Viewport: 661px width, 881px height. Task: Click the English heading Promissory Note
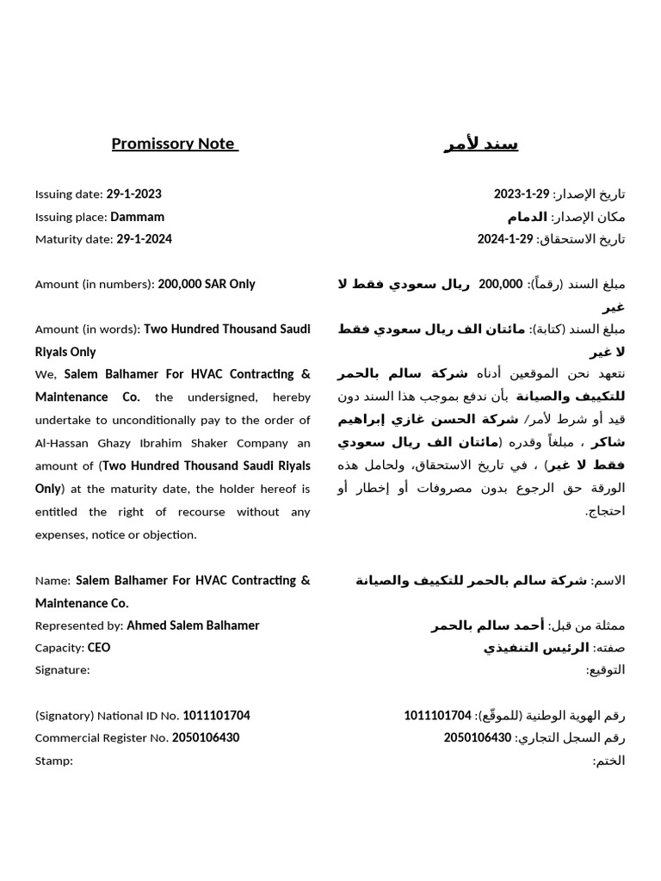[174, 144]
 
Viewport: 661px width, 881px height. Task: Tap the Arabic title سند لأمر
[480, 144]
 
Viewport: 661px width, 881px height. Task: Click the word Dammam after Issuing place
[137, 217]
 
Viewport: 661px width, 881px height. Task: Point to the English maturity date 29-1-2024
[144, 239]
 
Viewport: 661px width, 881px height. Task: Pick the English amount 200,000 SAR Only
[207, 284]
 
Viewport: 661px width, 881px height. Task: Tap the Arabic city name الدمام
[528, 217]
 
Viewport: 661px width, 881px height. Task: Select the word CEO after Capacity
[99, 648]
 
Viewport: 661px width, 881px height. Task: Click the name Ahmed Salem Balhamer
[193, 625]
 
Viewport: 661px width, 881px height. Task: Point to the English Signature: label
[62, 670]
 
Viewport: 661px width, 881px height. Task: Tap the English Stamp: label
[54, 761]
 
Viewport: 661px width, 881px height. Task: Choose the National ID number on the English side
[216, 716]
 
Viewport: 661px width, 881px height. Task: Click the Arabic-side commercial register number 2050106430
[478, 738]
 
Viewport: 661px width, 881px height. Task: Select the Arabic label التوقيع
[606, 670]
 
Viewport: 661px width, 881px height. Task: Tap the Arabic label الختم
[609, 761]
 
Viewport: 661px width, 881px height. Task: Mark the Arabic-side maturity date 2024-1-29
[505, 239]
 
